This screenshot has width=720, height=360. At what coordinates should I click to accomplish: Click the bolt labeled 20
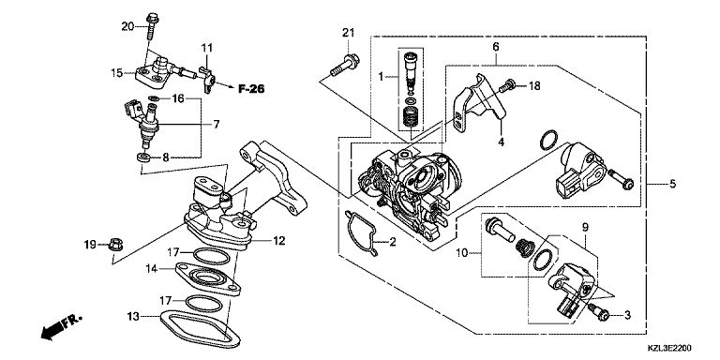coord(152,26)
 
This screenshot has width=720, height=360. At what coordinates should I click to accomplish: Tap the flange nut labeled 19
coord(115,245)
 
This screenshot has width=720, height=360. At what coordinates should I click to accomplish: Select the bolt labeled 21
coord(345,65)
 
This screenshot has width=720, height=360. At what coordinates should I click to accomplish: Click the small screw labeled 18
coord(508,86)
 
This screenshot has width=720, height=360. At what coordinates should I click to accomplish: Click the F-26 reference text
coord(251,89)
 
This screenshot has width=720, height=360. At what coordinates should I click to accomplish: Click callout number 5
coord(672,184)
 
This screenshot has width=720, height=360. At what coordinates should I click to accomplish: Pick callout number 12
coord(278,240)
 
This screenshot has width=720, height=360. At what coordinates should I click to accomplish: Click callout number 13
coord(133,316)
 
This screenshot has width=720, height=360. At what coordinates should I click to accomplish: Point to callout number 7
coord(216,124)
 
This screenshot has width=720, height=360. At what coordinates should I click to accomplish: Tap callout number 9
coord(585,227)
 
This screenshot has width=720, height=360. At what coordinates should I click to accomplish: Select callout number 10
coord(462,252)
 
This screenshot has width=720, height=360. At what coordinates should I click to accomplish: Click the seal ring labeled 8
coord(144,157)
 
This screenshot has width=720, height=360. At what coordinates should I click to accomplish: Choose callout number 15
coord(116,72)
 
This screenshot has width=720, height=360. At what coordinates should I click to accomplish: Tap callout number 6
coord(496,46)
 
